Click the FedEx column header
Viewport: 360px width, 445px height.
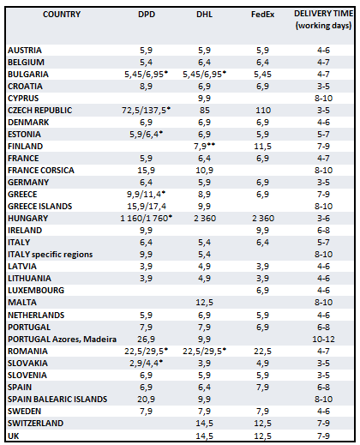262,15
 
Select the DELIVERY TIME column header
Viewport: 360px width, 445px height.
323,20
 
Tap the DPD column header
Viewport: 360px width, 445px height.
147,15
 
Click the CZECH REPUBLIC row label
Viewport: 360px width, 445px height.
40,110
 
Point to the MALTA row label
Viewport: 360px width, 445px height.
22,302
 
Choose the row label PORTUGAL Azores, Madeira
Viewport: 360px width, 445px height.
62,340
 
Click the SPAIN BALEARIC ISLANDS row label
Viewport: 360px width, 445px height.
57,399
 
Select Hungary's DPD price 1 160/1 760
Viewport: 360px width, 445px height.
147,218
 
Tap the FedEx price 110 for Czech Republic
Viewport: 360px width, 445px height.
263,110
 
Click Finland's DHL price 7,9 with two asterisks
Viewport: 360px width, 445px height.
204,146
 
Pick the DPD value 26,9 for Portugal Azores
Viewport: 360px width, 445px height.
146,340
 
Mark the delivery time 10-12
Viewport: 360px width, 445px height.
323,340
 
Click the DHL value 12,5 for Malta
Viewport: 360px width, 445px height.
204,302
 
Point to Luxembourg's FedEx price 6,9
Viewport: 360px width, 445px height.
262,291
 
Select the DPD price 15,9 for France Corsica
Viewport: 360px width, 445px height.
146,170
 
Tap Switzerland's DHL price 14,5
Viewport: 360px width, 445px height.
204,424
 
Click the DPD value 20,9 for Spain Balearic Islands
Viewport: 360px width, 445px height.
146,399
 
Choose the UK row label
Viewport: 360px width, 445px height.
13,436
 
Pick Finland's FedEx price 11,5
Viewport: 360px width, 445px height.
262,146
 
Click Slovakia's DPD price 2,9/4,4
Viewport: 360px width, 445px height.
147,363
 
